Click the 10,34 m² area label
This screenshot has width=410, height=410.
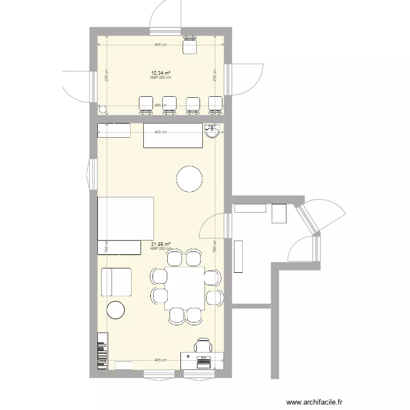click(x=161, y=73)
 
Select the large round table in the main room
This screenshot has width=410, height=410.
click(x=189, y=179)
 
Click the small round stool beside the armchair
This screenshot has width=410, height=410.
click(x=116, y=310)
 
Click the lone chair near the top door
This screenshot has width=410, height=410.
click(x=190, y=46)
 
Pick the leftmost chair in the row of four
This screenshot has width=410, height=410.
click(x=147, y=105)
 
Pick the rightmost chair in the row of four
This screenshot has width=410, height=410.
click(x=215, y=105)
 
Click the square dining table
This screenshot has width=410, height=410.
click(x=186, y=286)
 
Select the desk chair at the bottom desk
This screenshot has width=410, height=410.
click(x=203, y=346)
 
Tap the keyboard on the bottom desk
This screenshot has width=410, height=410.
click(x=204, y=361)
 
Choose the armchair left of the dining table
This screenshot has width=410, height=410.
click(x=116, y=283)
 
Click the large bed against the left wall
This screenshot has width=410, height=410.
click(x=125, y=219)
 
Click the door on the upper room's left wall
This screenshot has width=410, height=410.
click(x=77, y=85)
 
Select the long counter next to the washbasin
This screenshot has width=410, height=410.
click(x=173, y=136)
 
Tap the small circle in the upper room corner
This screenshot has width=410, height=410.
click(x=102, y=109)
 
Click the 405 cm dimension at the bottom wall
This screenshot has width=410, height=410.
click(x=160, y=360)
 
